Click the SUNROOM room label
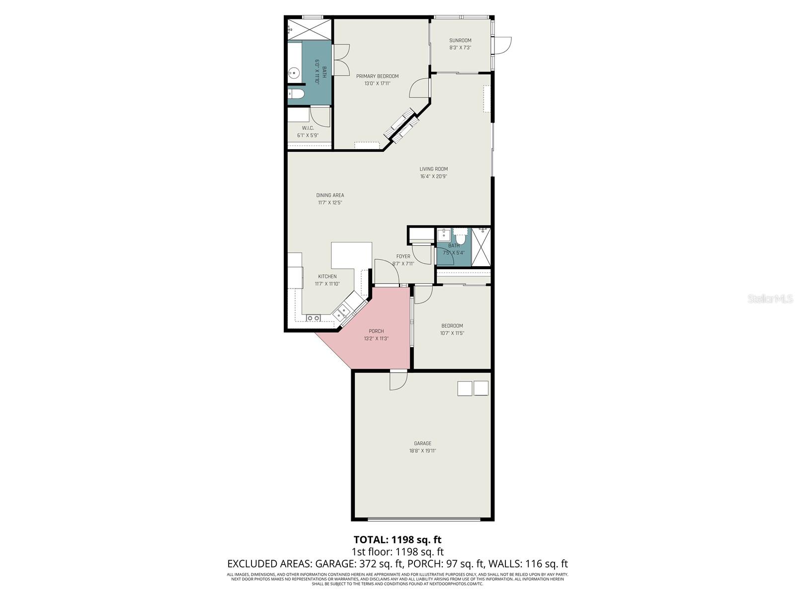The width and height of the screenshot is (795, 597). point(460,41)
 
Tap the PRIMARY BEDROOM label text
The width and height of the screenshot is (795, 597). point(377,76)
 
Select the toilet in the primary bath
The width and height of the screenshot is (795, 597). point(296,95)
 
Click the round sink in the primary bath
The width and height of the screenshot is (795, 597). point(294,74)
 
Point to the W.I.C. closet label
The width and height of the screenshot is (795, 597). point(308,128)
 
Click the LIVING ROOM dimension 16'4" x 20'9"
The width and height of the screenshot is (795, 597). point(433,176)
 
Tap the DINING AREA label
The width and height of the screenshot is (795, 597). point(330,195)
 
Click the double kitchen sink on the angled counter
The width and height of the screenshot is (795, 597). point(343,312)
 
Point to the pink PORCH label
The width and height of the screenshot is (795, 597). point(376,331)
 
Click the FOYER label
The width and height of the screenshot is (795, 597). point(403,257)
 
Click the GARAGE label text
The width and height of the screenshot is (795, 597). point(422,443)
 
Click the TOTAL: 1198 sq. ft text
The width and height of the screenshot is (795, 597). point(397,539)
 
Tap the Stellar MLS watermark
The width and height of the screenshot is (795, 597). point(770,299)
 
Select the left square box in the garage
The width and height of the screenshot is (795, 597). point(465,388)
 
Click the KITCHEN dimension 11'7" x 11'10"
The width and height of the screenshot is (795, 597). point(327,284)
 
